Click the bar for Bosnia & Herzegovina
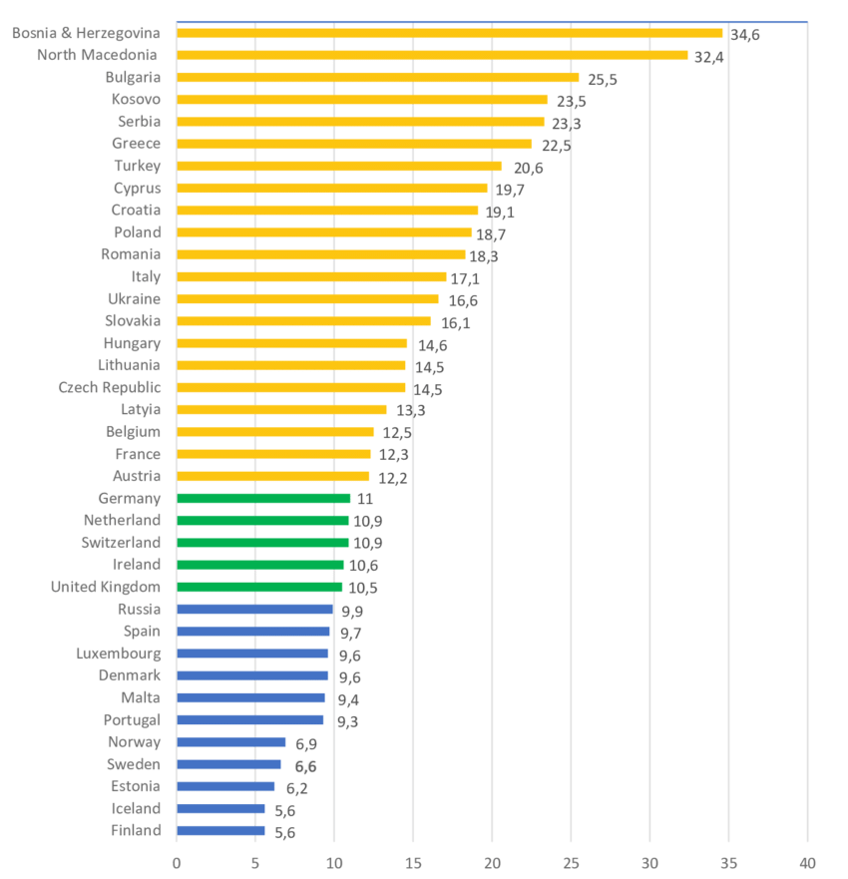[x=449, y=33]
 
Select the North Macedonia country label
[x=97, y=55]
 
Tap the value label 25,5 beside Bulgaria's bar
[x=602, y=79]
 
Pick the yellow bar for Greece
[x=354, y=144]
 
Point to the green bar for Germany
[x=263, y=498]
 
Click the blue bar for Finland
[x=220, y=830]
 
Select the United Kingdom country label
[x=106, y=587]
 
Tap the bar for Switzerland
[x=262, y=543]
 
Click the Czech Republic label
[x=110, y=387]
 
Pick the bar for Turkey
[x=339, y=166]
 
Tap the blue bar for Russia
[x=254, y=609]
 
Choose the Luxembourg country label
[x=118, y=654]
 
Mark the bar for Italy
[x=311, y=276]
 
